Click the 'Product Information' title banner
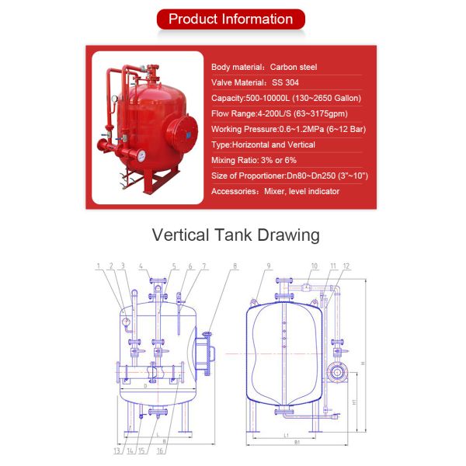click(231, 19)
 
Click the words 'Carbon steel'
click(296, 68)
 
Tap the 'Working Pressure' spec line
click(290, 129)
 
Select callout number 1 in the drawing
click(99, 266)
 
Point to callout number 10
click(314, 266)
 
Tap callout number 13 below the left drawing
click(116, 450)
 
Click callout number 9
click(269, 266)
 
